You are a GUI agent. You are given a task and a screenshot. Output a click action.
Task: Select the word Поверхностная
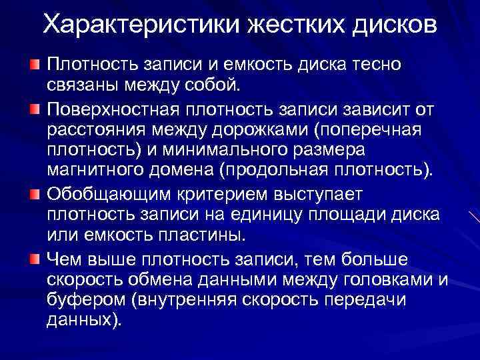pyautogui.click(x=115, y=108)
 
